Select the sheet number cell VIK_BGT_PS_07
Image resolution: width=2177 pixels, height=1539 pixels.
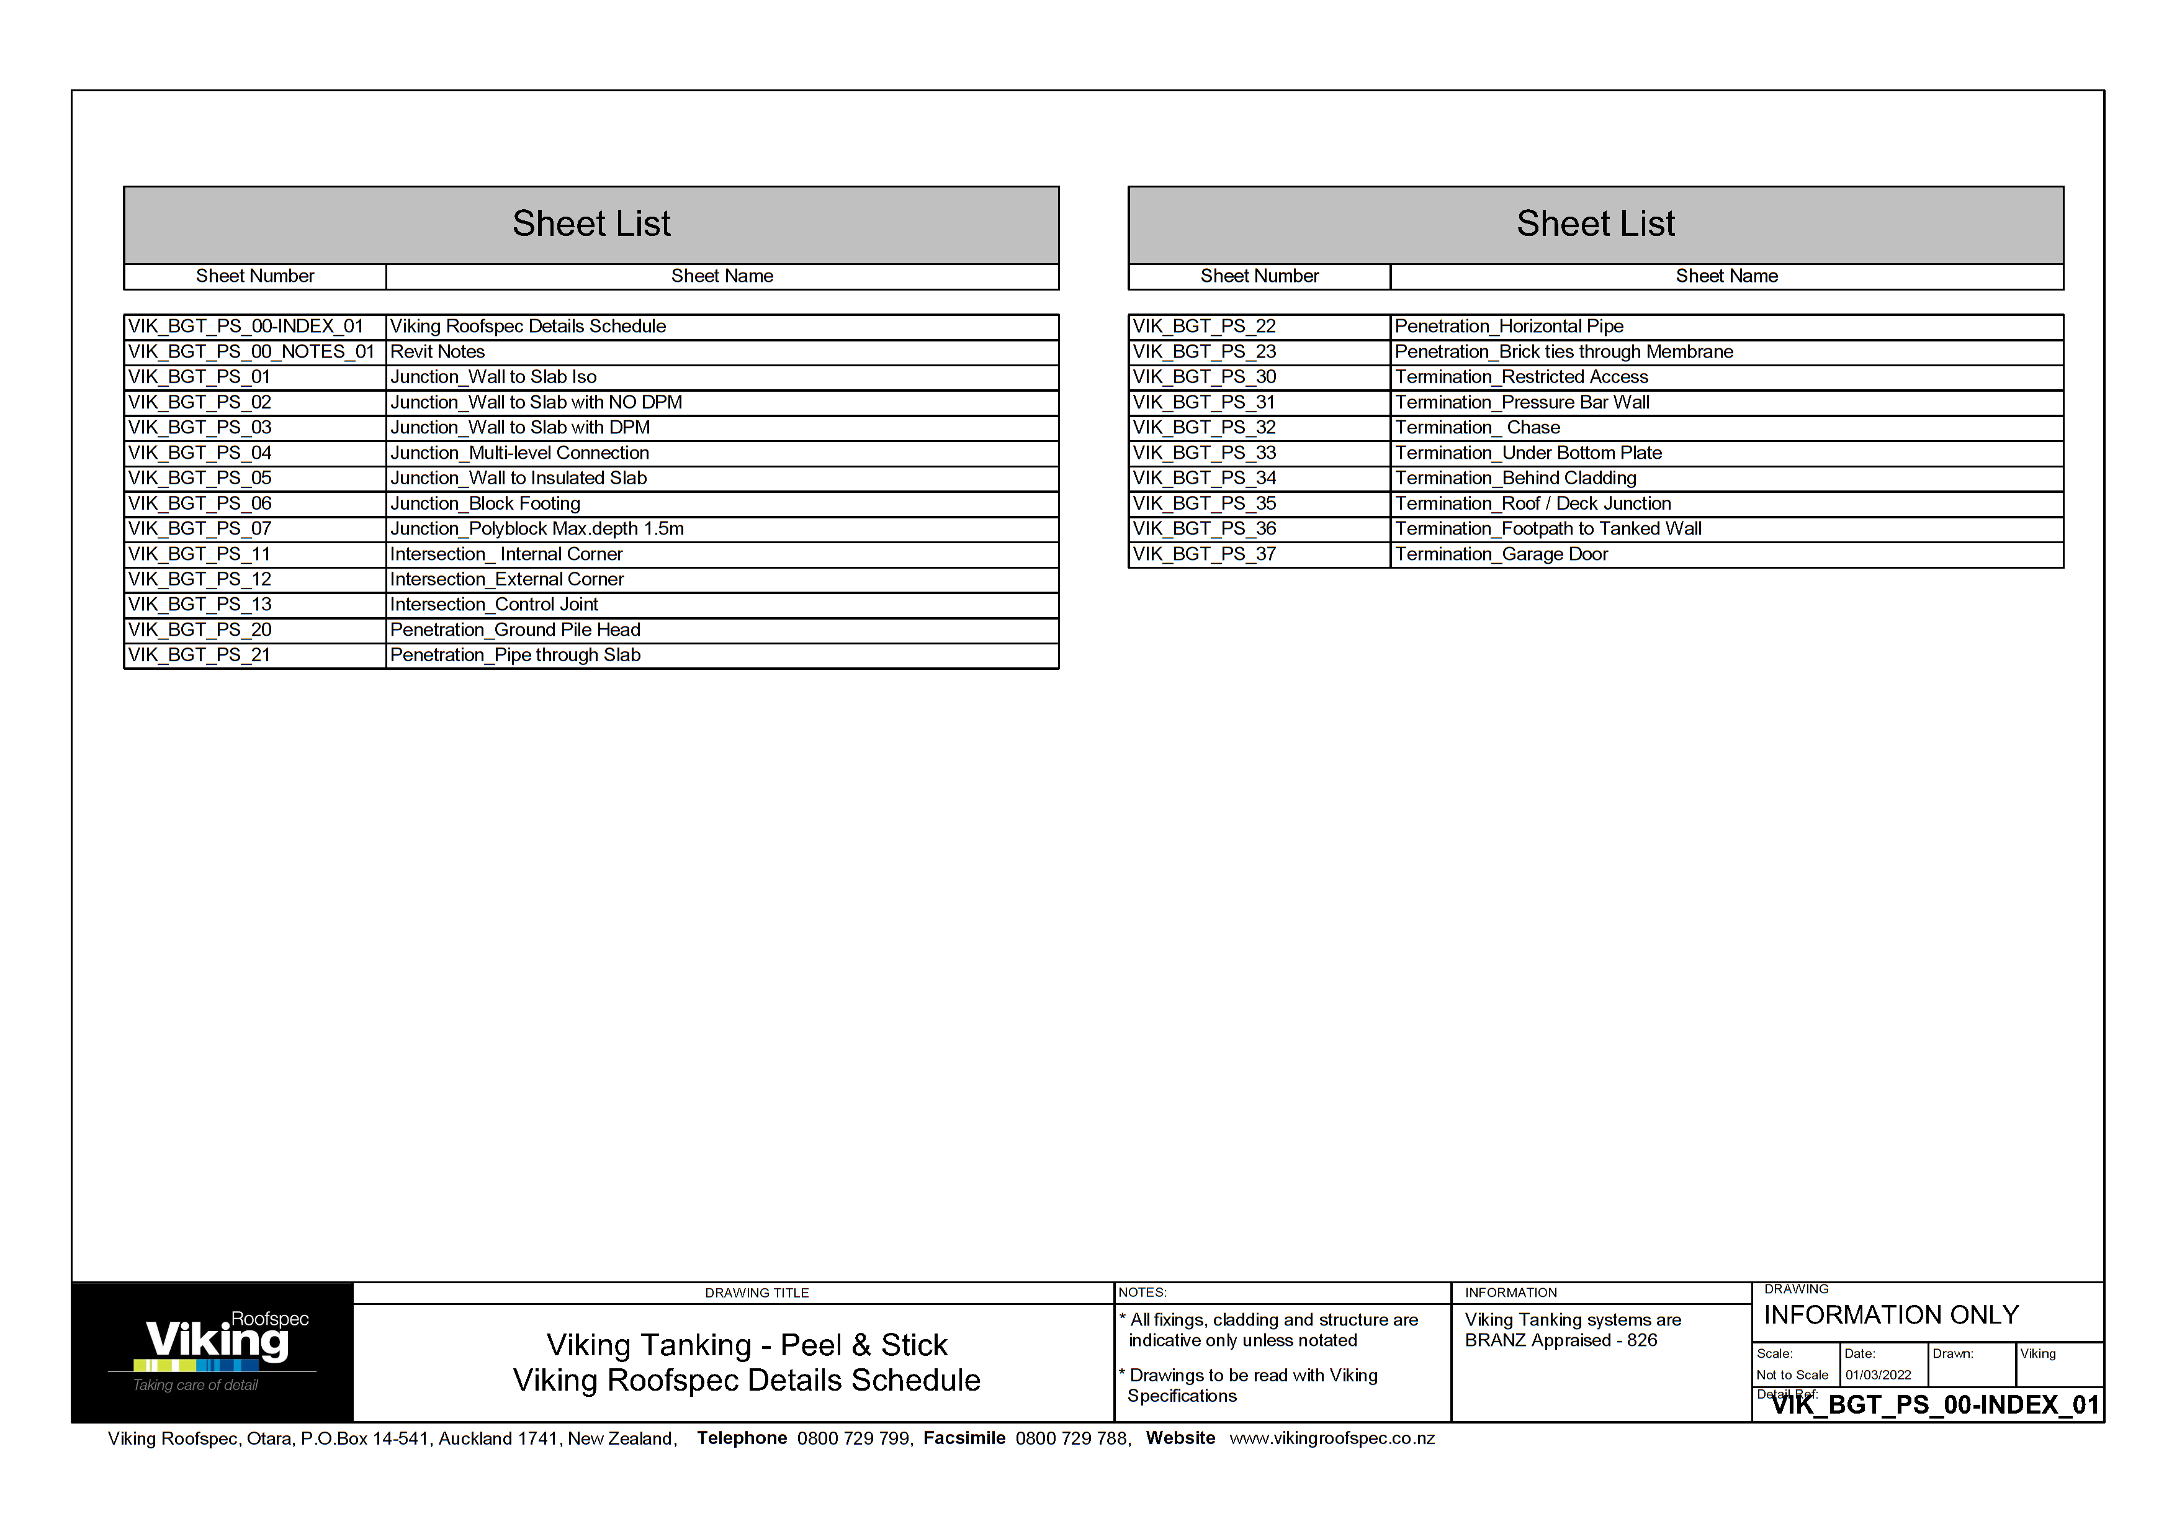click(x=199, y=529)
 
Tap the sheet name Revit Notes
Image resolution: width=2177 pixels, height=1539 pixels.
click(x=437, y=352)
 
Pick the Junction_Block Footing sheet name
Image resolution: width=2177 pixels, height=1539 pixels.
click(x=485, y=503)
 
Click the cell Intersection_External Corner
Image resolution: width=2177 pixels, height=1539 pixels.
click(x=506, y=579)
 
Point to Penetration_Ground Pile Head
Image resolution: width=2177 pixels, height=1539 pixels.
click(x=515, y=630)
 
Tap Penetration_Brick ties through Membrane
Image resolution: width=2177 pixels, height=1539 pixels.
click(x=1563, y=352)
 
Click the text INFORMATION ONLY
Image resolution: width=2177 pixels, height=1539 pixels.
click(x=1891, y=1316)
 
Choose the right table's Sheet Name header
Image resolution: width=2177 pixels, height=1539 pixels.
click(x=1726, y=276)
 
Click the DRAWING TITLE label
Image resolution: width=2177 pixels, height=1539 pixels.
click(x=756, y=1293)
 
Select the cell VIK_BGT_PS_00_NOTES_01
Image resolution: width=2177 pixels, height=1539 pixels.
click(x=251, y=352)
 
